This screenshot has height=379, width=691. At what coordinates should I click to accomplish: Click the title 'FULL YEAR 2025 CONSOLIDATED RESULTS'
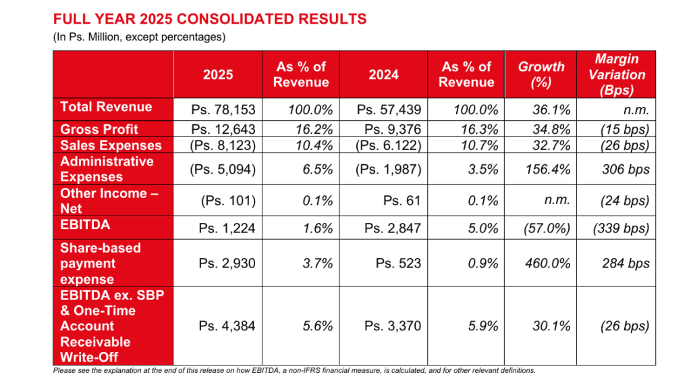pos(210,19)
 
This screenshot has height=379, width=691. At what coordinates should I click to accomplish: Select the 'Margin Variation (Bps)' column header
pos(616,74)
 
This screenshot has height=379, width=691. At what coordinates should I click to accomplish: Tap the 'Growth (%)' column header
pos(541,74)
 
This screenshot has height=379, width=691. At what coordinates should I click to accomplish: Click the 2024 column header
pos(383,74)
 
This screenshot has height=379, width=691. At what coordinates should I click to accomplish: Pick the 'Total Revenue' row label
pos(106,107)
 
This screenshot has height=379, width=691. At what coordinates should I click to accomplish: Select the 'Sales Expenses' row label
pos(111,145)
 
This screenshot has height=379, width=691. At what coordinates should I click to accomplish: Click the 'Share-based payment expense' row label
pos(101,263)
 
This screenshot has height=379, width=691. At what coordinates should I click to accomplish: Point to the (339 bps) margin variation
pos(621,228)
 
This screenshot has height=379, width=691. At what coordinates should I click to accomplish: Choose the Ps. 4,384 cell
pos(227,326)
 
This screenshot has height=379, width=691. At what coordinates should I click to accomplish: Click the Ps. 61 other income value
pos(401,201)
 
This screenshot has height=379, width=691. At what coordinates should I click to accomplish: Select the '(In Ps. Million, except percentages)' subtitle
pos(138,37)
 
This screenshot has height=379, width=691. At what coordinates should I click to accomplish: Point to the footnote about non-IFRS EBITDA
pos(294,370)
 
